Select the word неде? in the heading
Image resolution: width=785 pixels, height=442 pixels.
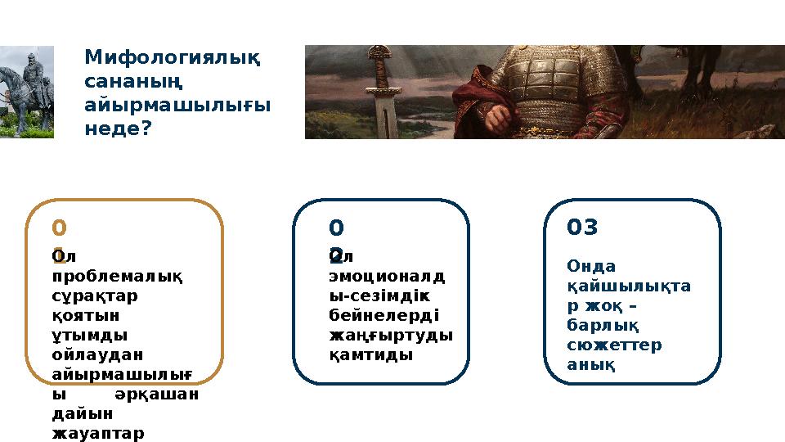(119, 129)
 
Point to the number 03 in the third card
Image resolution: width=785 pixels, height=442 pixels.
(582, 228)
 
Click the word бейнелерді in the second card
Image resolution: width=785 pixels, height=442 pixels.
(384, 315)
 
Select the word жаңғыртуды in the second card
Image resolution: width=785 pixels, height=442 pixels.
(390, 335)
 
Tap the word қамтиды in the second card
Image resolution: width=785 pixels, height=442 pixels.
(370, 354)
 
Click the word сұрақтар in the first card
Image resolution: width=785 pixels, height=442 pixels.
(95, 295)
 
